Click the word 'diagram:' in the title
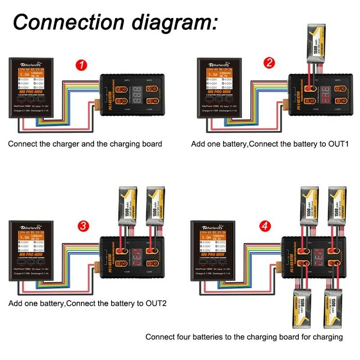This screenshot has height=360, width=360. click(x=186, y=21)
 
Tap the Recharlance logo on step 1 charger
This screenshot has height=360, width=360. click(x=31, y=64)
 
